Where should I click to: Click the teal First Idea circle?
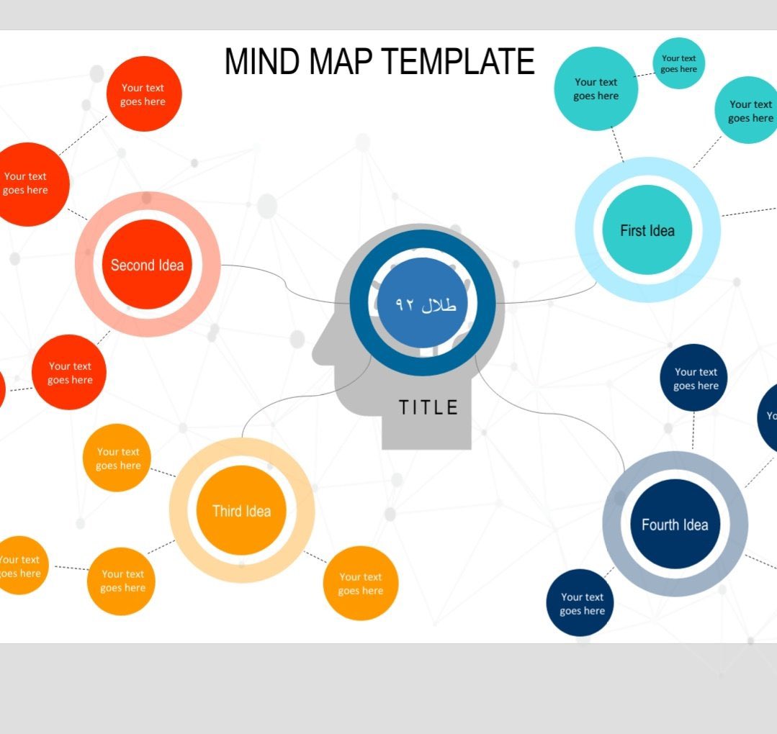pyautogui.click(x=647, y=230)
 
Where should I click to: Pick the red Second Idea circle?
pyautogui.click(x=147, y=265)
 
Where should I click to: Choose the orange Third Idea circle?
pyautogui.click(x=241, y=511)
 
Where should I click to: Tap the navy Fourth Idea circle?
pyautogui.click(x=675, y=525)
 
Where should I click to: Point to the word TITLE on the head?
pyautogui.click(x=429, y=408)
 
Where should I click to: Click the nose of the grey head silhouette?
pyautogui.click(x=318, y=351)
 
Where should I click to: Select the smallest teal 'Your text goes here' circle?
pyautogui.click(x=678, y=63)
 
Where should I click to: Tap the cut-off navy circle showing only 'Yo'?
pyautogui.click(x=769, y=417)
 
